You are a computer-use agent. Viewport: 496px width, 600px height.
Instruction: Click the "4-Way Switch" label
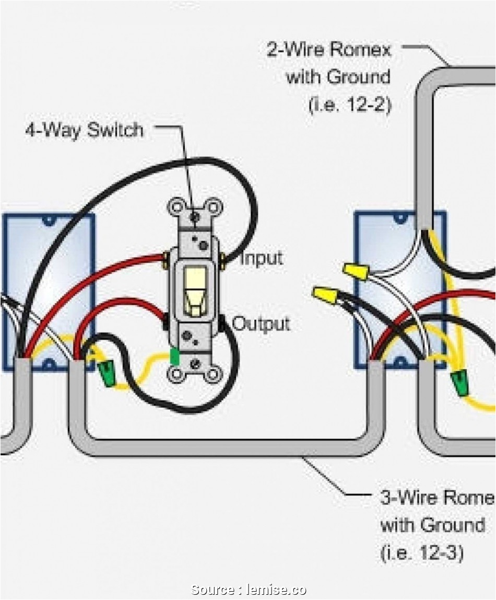point(84,129)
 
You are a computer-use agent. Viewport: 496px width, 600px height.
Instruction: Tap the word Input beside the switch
point(261,258)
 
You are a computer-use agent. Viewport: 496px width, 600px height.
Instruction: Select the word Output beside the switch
point(261,324)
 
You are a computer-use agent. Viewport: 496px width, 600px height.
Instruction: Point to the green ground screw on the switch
point(175,357)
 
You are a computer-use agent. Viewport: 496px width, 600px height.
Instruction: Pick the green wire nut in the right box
point(460,383)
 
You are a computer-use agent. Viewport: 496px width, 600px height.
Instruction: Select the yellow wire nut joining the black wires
point(324,295)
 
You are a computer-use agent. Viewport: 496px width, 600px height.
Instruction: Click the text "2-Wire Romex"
point(328,50)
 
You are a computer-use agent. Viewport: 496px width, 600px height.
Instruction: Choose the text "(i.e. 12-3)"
point(422,553)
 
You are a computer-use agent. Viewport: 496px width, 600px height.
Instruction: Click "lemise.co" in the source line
point(274,590)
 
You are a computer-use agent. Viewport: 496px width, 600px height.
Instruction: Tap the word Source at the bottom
point(213,590)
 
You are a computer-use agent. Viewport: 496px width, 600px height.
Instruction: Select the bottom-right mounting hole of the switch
point(214,374)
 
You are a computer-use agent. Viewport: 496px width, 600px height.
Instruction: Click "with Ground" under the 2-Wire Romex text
point(338,77)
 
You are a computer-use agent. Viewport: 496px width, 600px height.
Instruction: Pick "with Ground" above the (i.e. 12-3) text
point(432,525)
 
